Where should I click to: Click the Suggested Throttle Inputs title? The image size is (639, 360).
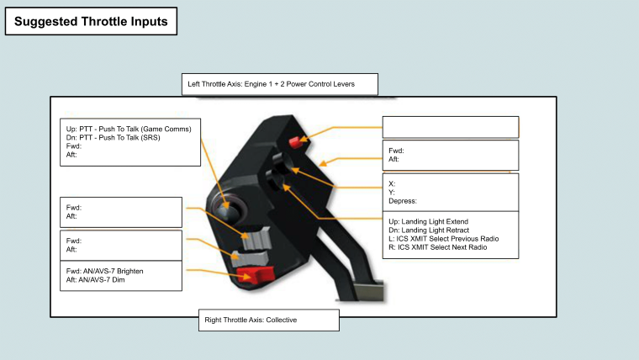[x=91, y=21]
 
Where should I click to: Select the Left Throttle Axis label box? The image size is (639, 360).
[x=279, y=84]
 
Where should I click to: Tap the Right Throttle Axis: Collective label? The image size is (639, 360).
[x=251, y=320]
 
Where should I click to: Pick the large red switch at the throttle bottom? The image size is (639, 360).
[x=255, y=274]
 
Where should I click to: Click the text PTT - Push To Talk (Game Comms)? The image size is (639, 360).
[x=135, y=129]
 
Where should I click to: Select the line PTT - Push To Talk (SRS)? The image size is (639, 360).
[x=113, y=137]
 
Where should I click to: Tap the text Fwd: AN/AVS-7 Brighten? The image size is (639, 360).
[x=105, y=271]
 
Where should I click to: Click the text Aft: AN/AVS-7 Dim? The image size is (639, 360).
[x=95, y=280]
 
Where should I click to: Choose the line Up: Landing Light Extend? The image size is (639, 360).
[x=428, y=221]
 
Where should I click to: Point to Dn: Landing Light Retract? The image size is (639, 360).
[x=429, y=230]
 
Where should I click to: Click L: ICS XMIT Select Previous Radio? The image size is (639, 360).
[x=443, y=239]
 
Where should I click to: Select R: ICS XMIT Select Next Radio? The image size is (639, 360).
[x=438, y=247]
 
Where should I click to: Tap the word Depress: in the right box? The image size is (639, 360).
[x=403, y=201]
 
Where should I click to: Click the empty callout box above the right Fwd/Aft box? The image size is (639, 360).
[x=451, y=127]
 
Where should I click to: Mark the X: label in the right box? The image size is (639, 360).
[x=392, y=184]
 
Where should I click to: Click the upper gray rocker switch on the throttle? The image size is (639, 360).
[x=256, y=238]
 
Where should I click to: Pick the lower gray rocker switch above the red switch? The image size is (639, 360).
[x=250, y=258]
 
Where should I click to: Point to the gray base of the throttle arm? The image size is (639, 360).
[x=368, y=291]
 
